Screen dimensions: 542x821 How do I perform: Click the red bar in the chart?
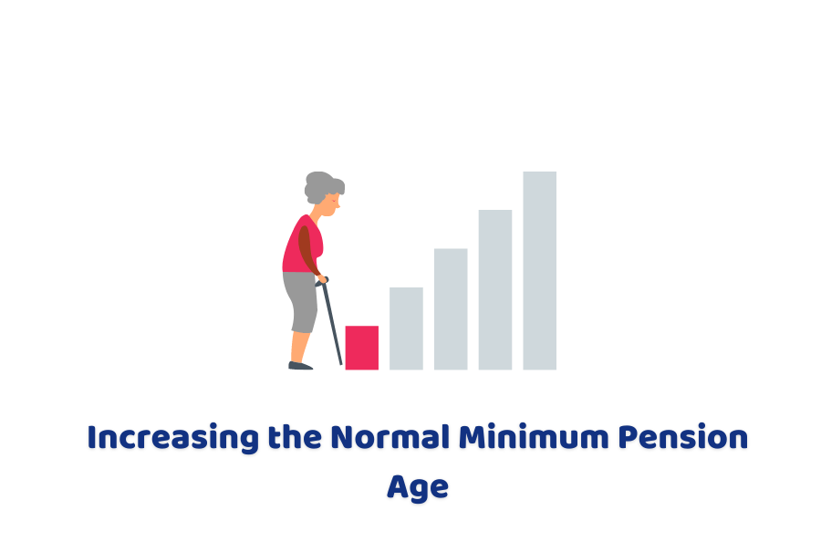pos(361,348)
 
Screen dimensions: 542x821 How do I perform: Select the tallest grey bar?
pos(539,270)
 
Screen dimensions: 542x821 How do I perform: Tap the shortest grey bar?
pos(406,328)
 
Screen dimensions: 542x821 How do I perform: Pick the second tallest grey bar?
pos(495,289)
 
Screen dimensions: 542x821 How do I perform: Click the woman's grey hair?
pos(320,185)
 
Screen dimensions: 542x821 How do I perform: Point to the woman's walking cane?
pos(331,324)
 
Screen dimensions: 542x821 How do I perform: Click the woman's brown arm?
pos(307,248)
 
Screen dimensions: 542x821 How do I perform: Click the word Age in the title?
pos(417,486)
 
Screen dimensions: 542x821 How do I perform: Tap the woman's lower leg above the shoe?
pos(298,347)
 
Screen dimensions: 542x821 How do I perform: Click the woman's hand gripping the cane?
pos(322,280)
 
